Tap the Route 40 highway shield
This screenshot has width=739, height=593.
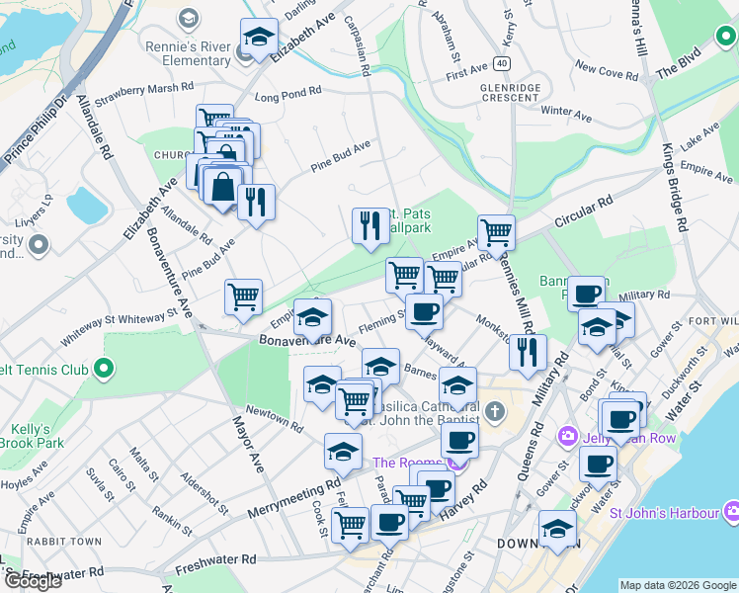(503, 63)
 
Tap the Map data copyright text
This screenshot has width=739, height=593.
(677, 585)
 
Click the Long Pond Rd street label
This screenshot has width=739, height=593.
(287, 96)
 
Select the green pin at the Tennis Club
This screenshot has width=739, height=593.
(103, 371)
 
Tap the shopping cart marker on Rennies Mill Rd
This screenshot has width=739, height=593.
(496, 232)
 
